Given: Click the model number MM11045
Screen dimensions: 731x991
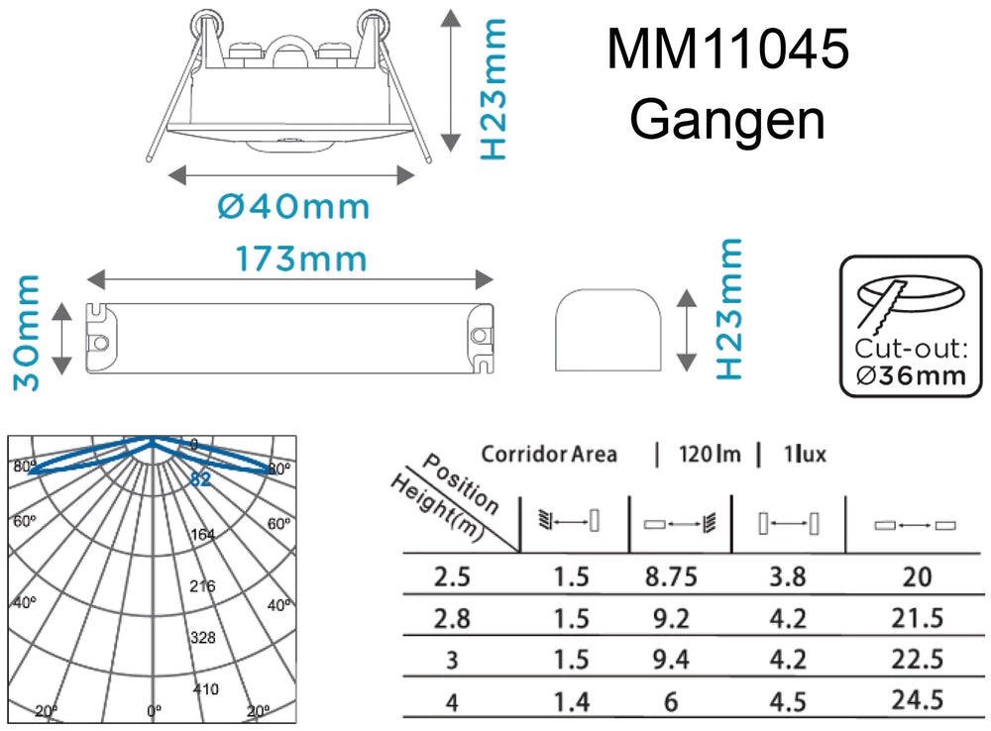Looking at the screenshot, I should [727, 50].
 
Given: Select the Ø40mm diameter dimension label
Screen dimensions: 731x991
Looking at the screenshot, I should [292, 207].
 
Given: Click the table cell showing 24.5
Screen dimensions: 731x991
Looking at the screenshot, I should [917, 701].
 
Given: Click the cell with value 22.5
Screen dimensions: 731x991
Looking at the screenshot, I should [917, 660].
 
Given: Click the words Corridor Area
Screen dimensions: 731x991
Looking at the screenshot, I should [548, 455].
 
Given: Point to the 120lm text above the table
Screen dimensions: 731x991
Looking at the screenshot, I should [709, 455].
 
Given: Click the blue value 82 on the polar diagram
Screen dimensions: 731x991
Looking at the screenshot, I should [201, 479].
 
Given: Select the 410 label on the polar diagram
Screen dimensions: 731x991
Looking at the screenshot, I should [205, 688].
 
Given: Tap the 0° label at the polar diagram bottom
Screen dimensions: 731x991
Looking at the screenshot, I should [152, 710].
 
